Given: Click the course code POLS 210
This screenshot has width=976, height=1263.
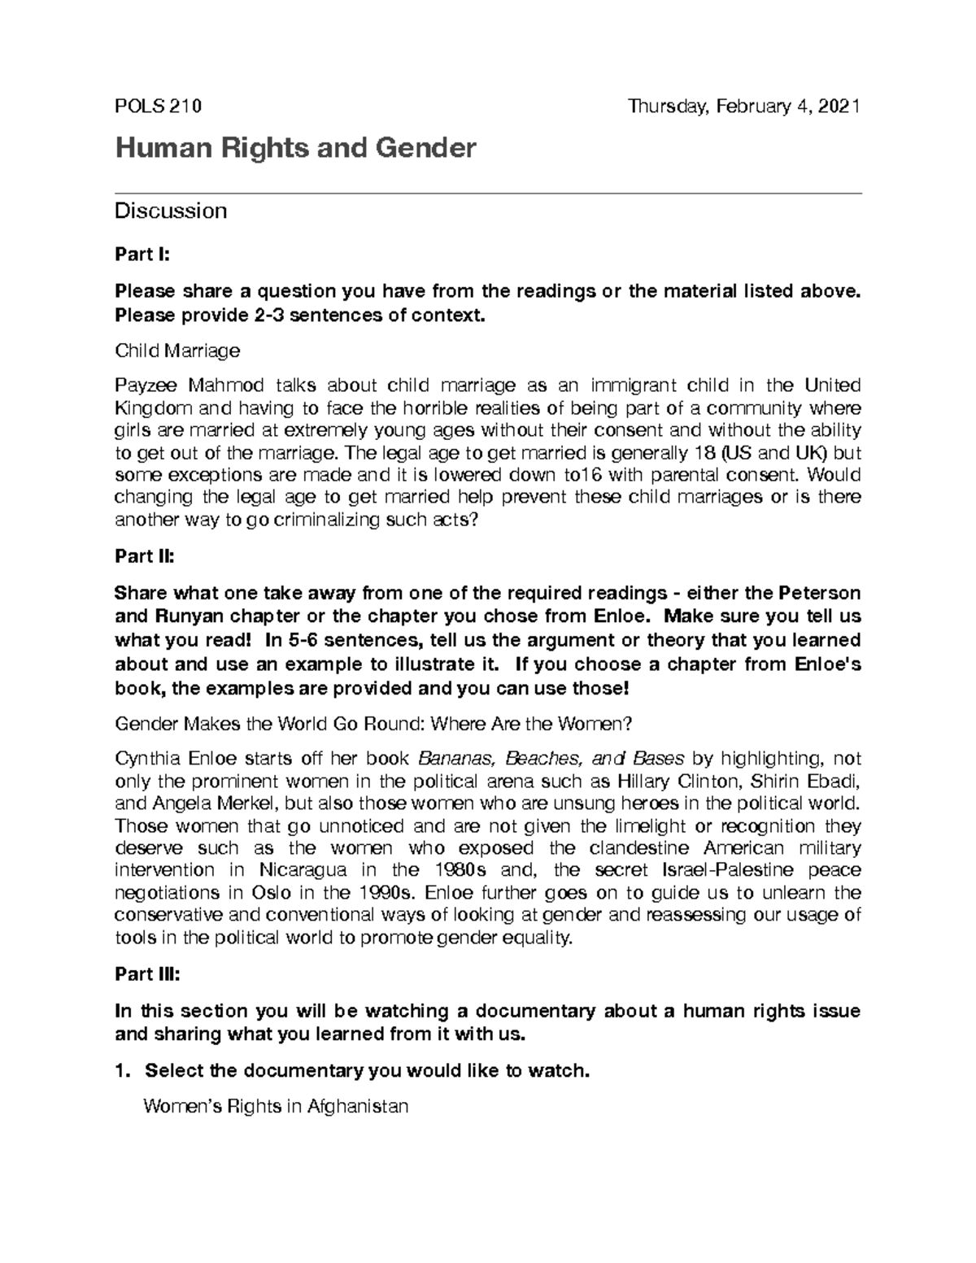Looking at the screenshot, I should pyautogui.click(x=158, y=107).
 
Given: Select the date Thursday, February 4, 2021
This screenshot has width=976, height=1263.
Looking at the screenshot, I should pyautogui.click(x=744, y=107).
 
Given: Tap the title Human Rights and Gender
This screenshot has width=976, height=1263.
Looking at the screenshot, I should pyautogui.click(x=295, y=148).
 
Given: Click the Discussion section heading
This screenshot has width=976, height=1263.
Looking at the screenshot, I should pyautogui.click(x=171, y=211).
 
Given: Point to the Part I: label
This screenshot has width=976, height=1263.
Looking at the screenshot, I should pyautogui.click(x=142, y=255).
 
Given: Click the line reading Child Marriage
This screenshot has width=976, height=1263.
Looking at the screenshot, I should pyautogui.click(x=177, y=351).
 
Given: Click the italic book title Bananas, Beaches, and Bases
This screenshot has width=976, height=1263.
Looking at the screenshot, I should pyautogui.click(x=551, y=759).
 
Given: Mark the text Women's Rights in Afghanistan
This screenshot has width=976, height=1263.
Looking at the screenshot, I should pyautogui.click(x=276, y=1106).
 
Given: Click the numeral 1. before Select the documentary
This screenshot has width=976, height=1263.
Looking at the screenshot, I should pyautogui.click(x=123, y=1071).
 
